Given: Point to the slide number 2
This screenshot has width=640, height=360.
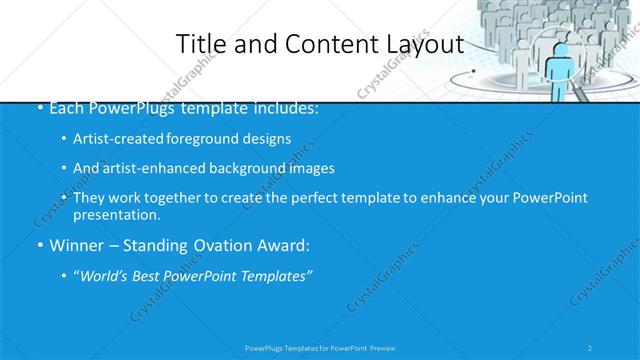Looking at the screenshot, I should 591,347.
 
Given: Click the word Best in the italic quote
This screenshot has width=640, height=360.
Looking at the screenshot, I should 152,276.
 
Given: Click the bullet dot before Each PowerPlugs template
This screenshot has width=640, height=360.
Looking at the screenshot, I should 39,108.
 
